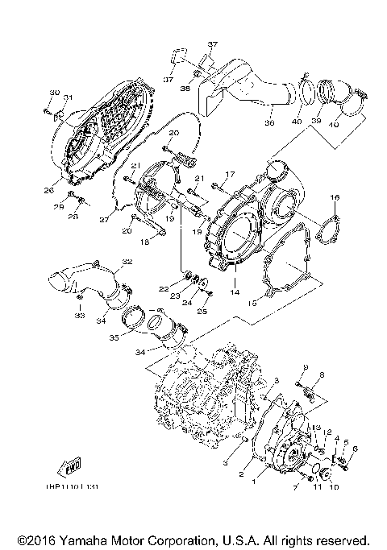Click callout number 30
tap(55, 93)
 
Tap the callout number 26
tap(48, 191)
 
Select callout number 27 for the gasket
tap(103, 219)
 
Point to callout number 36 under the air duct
tap(271, 124)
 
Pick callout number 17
tap(230, 174)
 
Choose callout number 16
tap(334, 197)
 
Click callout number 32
tap(127, 261)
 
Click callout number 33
tap(79, 316)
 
